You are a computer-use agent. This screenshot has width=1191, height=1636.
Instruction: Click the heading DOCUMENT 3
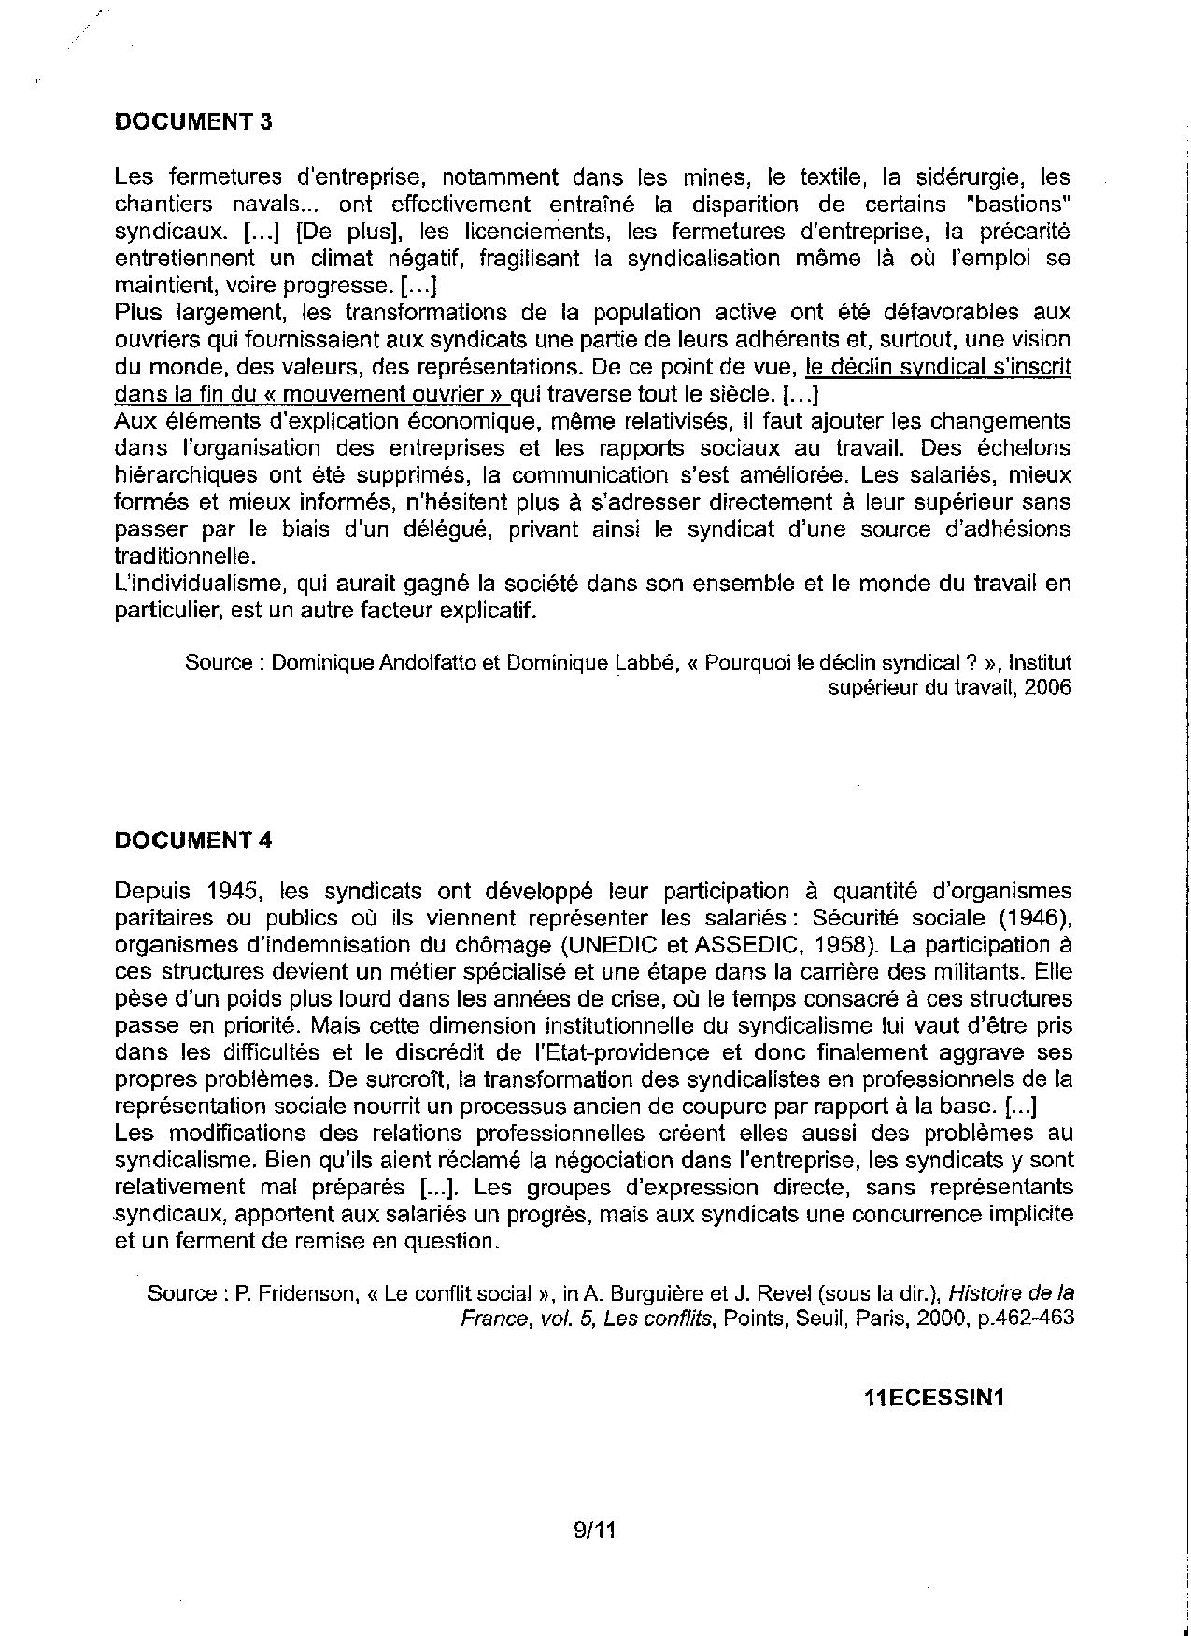point(192,121)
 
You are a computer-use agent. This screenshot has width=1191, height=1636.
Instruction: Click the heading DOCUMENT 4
point(192,839)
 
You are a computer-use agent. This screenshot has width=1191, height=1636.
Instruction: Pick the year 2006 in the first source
point(1047,688)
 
